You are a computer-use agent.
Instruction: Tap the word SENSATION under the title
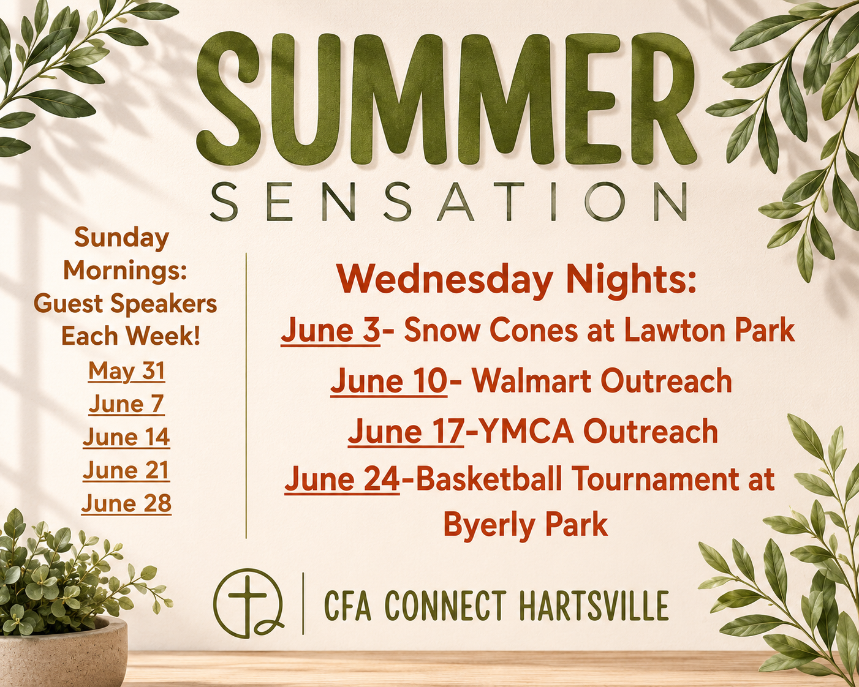pyautogui.click(x=448, y=202)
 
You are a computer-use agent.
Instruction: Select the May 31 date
pyautogui.click(x=127, y=371)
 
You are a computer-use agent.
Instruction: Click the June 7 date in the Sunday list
pyautogui.click(x=127, y=404)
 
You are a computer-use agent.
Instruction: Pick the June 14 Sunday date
pyautogui.click(x=127, y=437)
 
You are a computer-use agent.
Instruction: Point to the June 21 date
pyautogui.click(x=127, y=470)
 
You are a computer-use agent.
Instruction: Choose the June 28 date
pyautogui.click(x=127, y=503)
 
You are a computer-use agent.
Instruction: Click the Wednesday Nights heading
pyautogui.click(x=517, y=280)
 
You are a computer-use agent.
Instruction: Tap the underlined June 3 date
pyautogui.click(x=330, y=331)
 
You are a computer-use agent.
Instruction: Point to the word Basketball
pyautogui.click(x=488, y=479)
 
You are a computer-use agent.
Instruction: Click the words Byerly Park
pyautogui.click(x=525, y=525)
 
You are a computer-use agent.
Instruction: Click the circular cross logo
pyautogui.click(x=248, y=603)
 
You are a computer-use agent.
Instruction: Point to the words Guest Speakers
pyautogui.click(x=126, y=304)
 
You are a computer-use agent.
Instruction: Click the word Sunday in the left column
pyautogui.click(x=122, y=238)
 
